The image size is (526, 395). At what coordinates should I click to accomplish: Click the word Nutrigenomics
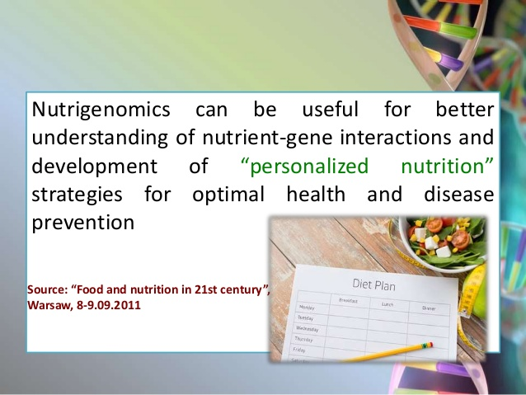point(101,110)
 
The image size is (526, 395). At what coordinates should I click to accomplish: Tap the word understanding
point(100,137)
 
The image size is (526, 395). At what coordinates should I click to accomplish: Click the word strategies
point(77,195)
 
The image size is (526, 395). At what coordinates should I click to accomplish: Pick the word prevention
point(83,223)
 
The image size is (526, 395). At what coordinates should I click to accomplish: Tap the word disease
point(459,194)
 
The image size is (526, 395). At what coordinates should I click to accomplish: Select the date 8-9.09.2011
point(109,305)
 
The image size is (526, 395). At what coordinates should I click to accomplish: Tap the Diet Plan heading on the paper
point(373,284)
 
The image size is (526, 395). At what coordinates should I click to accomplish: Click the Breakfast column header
point(348,300)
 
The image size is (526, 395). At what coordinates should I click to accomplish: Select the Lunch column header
point(387,304)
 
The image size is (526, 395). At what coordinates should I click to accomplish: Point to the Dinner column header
point(429,308)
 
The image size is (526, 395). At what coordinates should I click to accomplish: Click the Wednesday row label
point(307,328)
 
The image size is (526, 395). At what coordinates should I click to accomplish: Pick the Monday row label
point(307,307)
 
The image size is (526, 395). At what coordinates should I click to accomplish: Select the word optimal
point(228,195)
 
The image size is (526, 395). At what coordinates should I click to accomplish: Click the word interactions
point(395,137)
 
